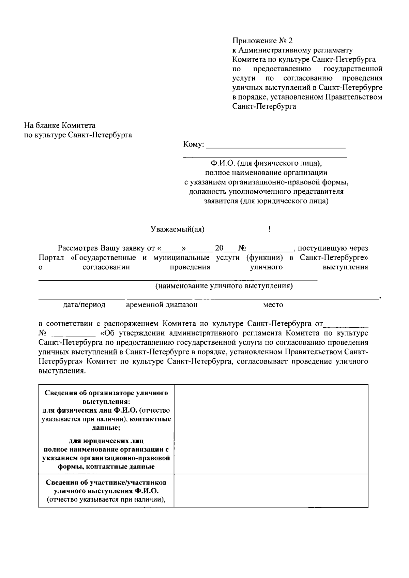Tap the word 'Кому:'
coord(194,144)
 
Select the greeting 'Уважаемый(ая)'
coord(178,229)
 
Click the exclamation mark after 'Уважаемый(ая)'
coord(270,229)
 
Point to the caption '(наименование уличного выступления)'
coord(224,286)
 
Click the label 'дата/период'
coord(84,305)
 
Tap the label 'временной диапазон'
coord(162,305)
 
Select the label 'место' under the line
coord(273,305)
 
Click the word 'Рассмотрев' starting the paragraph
coord(78,248)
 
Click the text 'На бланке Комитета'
coord(60,125)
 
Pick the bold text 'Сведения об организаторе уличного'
coord(106,393)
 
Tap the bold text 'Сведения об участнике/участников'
coord(106,483)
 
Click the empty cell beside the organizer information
coord(271,429)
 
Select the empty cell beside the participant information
coord(271,490)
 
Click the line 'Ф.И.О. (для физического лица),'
coord(266,163)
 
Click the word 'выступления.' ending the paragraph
coord(62,370)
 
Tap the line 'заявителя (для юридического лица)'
coord(266,201)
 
